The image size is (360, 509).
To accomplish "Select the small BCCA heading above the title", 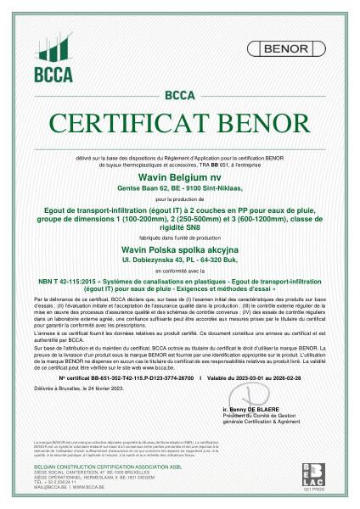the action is tap(179, 94).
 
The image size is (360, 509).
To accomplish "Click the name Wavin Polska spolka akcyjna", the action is tap(179, 251).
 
